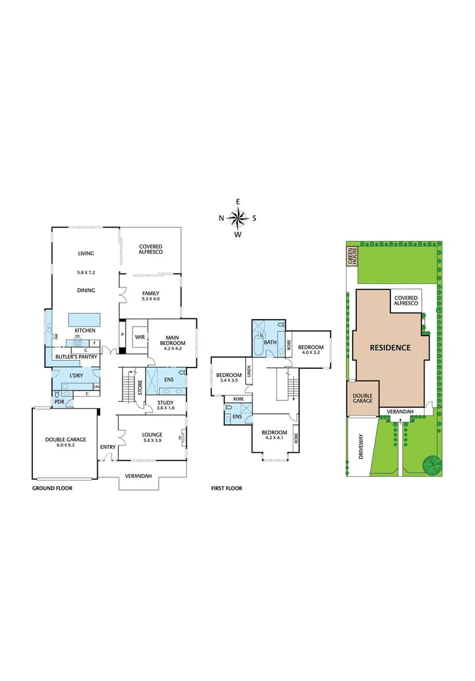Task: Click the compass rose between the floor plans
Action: point(238,218)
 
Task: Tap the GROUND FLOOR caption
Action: point(52,488)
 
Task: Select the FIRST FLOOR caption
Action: point(226,488)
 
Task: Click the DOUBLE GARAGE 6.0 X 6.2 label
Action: point(66,443)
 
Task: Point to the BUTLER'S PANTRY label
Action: point(75,356)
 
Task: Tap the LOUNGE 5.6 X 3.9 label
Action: point(151,438)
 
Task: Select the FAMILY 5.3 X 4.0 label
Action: point(150,296)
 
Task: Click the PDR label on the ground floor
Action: point(60,401)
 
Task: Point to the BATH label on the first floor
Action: point(271,342)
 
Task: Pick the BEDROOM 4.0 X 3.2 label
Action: point(310,350)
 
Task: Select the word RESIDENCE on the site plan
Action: point(390,347)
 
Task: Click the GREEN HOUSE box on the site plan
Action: point(351,256)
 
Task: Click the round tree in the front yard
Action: point(432,465)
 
